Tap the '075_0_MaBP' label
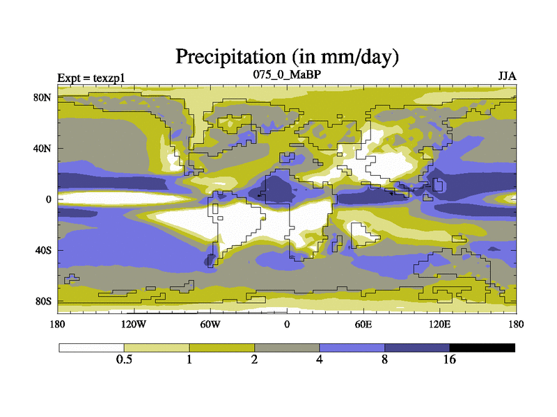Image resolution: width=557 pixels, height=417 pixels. [x=286, y=74]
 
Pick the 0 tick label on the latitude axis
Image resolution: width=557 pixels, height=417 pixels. [x=49, y=199]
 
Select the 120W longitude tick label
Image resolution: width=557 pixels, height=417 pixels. [x=133, y=324]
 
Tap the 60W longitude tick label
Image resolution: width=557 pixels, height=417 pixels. [x=210, y=324]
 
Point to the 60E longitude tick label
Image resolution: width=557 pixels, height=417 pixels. [x=363, y=324]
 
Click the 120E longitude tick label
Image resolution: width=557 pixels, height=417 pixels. [x=440, y=324]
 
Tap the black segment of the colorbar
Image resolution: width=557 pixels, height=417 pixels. [x=483, y=347]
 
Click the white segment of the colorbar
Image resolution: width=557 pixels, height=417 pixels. [x=91, y=347]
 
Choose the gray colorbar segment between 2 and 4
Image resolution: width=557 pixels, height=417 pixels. [x=287, y=347]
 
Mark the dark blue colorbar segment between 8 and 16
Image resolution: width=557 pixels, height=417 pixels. [x=417, y=347]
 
